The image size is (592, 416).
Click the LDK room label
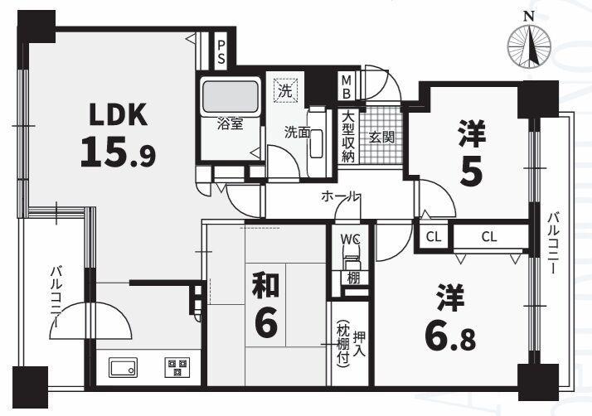click(115, 114)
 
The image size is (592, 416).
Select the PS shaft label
click(221, 51)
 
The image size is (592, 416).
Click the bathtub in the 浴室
click(228, 99)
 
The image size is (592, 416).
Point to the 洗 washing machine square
click(285, 90)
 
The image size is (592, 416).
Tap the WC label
click(351, 239)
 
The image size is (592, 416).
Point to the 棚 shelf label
click(353, 278)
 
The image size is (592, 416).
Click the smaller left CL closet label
click(433, 237)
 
